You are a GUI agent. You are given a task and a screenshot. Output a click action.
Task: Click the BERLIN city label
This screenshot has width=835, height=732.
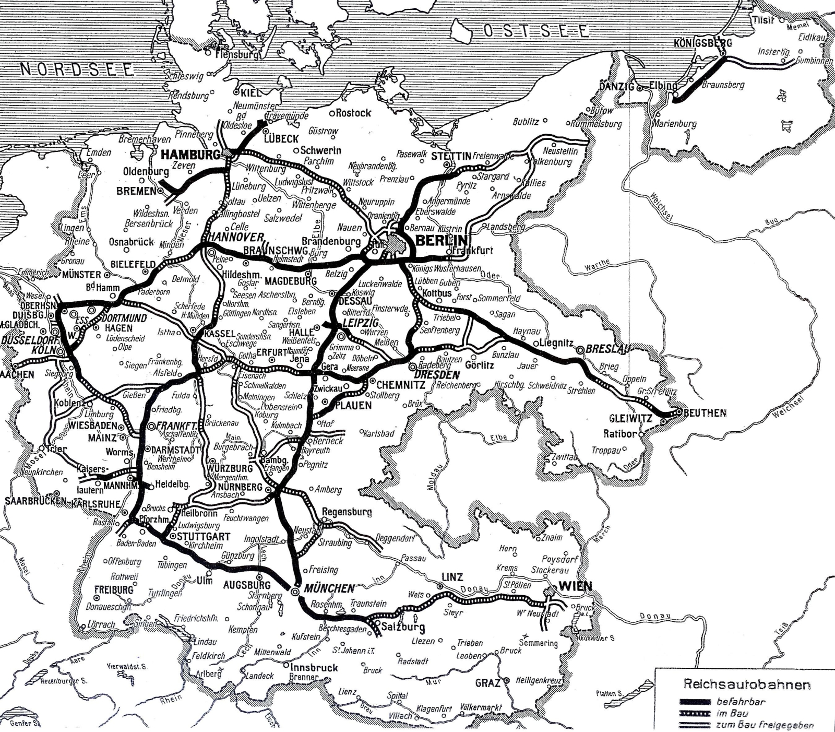pyautogui.click(x=441, y=240)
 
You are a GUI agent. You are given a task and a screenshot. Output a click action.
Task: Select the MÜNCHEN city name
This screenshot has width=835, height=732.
pyautogui.click(x=329, y=588)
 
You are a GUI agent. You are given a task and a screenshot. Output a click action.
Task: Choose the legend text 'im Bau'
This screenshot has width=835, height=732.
pyautogui.click(x=732, y=713)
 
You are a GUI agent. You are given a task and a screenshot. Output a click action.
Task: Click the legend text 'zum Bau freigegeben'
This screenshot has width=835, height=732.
pyautogui.click(x=764, y=725)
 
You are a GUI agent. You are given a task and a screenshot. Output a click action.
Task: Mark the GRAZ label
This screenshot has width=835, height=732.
pyautogui.click(x=488, y=682)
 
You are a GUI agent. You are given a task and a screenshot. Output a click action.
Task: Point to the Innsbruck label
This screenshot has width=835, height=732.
pyautogui.click(x=314, y=667)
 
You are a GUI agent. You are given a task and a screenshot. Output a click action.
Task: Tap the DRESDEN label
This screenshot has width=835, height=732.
pyautogui.click(x=437, y=374)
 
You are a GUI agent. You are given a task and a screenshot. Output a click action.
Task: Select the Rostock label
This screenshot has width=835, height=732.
pyautogui.click(x=353, y=113)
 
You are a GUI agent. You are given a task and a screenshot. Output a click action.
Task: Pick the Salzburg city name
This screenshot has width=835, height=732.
pyautogui.click(x=403, y=627)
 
